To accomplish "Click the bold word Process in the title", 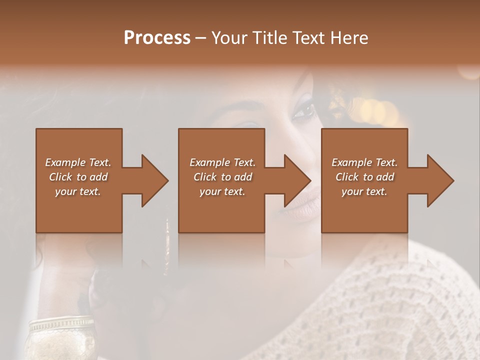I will coord(157,38).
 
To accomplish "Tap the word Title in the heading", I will coord(271,38).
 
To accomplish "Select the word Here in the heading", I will coord(349,38).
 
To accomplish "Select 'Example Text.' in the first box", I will coord(78,162).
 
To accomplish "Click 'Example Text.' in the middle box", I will coord(222,162).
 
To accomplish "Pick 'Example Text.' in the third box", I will coord(364,162).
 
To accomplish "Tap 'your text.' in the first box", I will coord(78,191).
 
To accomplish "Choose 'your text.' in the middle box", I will coord(222,191).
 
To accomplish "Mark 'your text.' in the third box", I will coord(364,191).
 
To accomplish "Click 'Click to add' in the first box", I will coord(78,177).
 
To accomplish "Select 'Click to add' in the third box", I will coord(365,177).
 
